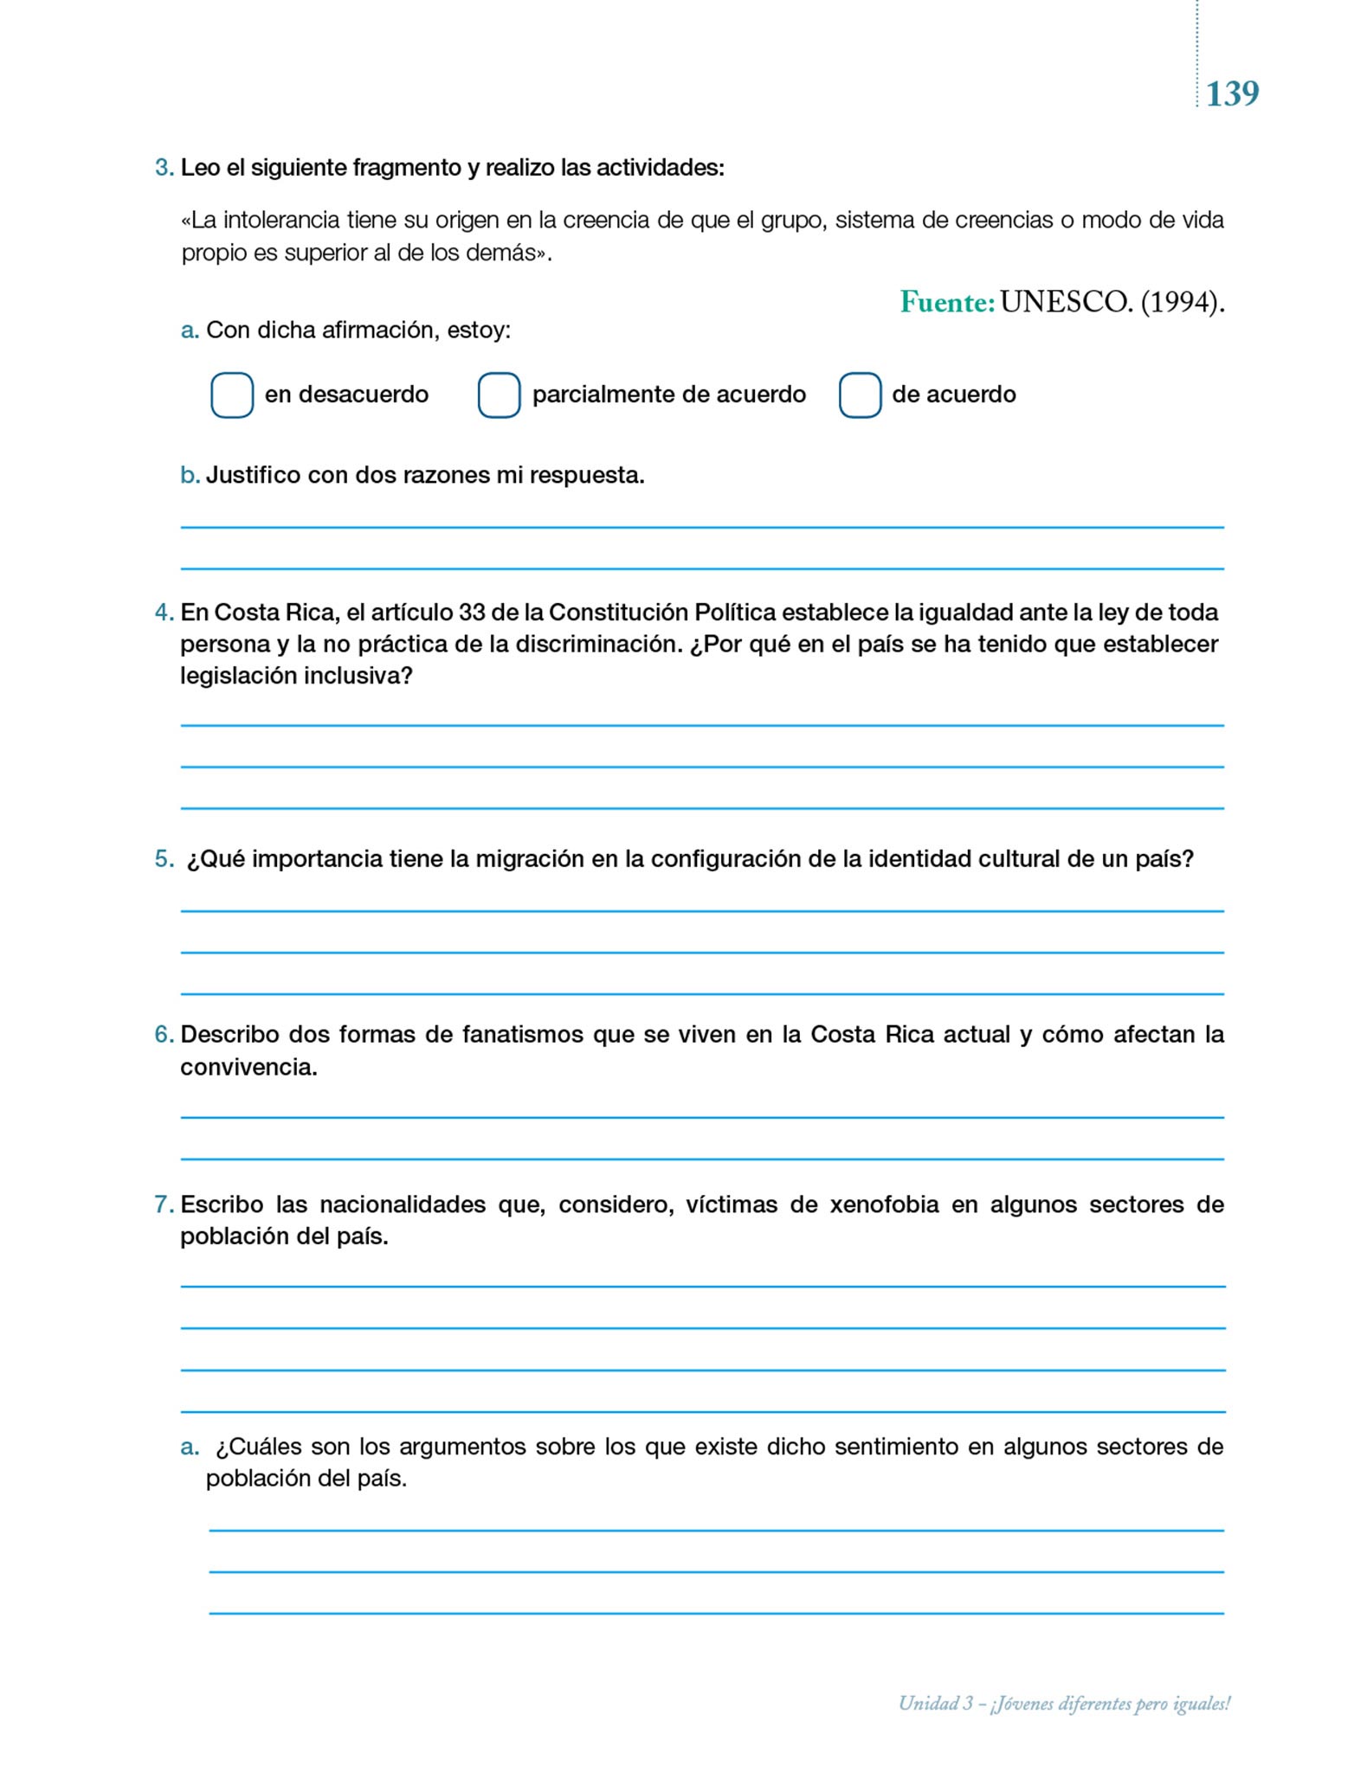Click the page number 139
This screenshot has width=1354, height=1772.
click(x=1232, y=93)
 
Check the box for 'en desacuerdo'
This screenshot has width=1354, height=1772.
click(x=232, y=395)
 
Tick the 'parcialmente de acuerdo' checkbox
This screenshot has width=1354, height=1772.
click(x=500, y=395)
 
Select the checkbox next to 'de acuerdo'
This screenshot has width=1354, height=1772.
click(x=860, y=395)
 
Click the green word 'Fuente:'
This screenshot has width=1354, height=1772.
click(x=947, y=302)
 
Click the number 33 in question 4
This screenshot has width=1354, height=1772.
click(x=472, y=613)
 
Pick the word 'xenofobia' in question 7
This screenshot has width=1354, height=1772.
click(x=884, y=1204)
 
